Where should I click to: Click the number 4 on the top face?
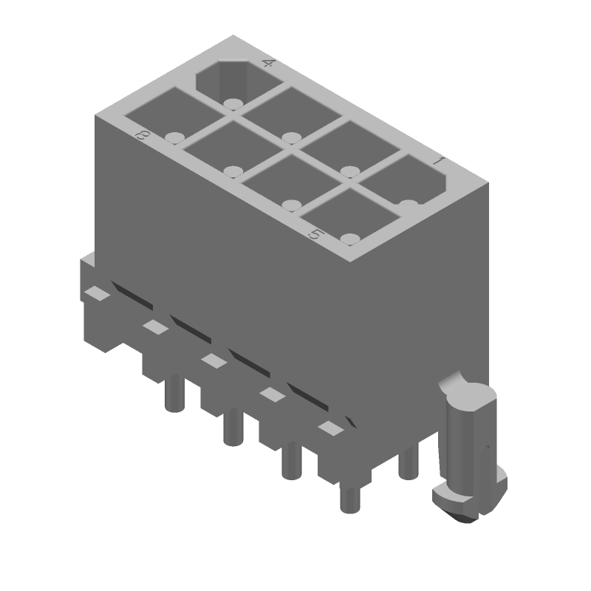point(267,63)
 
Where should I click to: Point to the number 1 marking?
point(438,161)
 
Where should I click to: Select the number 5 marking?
point(315,234)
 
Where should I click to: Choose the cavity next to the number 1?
point(404,182)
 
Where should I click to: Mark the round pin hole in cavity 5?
point(350,238)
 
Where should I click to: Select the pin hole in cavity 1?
point(409,204)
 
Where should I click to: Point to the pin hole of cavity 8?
point(174,137)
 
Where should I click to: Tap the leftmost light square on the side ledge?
point(96,293)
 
